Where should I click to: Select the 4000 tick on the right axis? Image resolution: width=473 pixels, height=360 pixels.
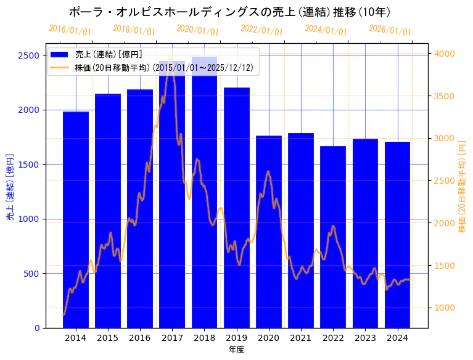445,54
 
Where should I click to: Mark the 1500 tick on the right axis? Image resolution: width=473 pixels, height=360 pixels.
445,266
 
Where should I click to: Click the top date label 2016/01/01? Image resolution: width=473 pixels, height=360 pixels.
70,30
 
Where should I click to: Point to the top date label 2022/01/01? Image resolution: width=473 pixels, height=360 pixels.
262,30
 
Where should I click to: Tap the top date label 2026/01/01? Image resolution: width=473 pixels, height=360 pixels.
390,30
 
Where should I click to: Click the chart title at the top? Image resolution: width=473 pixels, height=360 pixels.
229,12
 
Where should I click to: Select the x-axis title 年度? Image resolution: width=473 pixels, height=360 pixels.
236,350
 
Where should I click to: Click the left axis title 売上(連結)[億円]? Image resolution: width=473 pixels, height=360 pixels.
10,187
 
